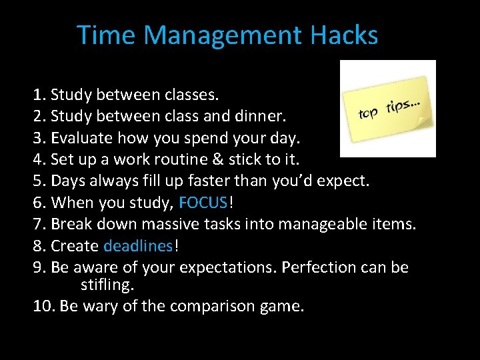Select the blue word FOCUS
click(x=203, y=203)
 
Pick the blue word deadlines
click(x=138, y=246)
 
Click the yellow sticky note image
click(x=387, y=109)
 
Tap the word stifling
click(x=107, y=285)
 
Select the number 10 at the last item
click(x=43, y=307)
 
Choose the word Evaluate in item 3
click(x=83, y=139)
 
